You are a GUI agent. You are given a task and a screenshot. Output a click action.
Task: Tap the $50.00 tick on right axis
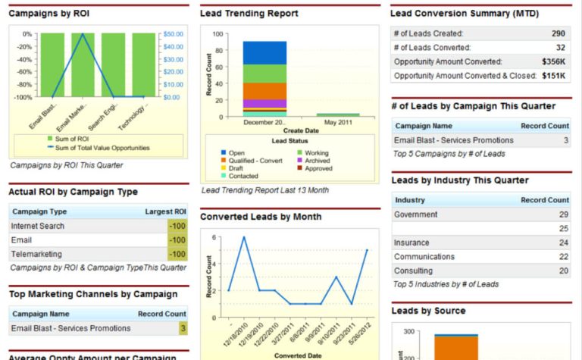click(174, 34)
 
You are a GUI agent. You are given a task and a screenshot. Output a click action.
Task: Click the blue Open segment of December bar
click(264, 52)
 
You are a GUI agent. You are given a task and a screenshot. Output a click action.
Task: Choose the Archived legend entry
click(318, 161)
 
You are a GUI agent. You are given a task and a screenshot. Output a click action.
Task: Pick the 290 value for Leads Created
click(558, 33)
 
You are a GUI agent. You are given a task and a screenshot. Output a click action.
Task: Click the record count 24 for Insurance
click(563, 243)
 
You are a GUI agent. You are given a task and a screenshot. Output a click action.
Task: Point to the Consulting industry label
click(413, 271)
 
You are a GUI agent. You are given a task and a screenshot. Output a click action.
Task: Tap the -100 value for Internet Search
click(177, 226)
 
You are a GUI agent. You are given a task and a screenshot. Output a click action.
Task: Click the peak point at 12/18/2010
click(243, 237)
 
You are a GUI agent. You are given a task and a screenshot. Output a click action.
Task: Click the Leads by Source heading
click(428, 311)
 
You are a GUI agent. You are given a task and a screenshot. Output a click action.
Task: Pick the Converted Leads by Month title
click(261, 217)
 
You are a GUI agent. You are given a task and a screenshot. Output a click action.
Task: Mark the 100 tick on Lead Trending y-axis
click(217, 34)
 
